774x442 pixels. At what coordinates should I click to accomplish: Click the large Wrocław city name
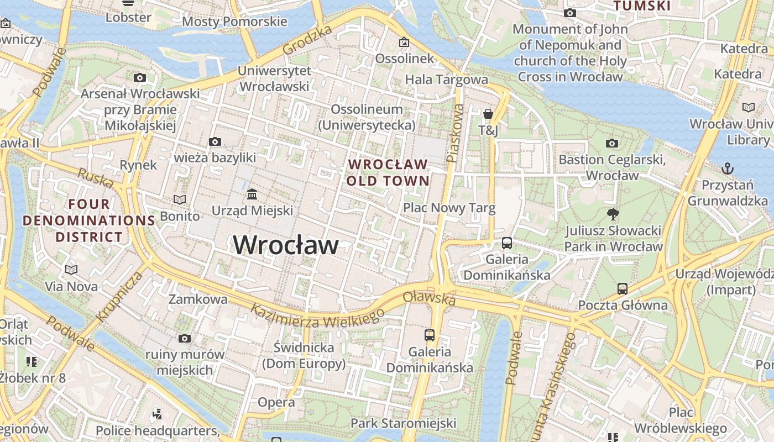point(286,245)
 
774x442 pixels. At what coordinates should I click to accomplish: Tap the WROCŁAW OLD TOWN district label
point(388,172)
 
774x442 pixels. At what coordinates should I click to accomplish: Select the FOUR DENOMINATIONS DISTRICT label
point(88,220)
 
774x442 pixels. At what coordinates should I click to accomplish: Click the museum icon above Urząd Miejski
point(253,194)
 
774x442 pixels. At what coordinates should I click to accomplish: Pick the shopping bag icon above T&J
point(488,114)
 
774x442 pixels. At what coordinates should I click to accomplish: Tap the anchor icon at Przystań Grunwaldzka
point(728,168)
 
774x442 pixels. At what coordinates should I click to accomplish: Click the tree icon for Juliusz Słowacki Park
point(613,214)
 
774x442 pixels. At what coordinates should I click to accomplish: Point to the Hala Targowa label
point(447,80)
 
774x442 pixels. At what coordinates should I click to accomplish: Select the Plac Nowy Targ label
point(449,208)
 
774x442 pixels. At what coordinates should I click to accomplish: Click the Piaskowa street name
point(455,133)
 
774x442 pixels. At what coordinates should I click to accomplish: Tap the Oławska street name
point(429,298)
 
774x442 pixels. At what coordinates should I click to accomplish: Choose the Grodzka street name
point(307,40)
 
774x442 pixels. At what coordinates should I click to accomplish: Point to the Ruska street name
point(96,178)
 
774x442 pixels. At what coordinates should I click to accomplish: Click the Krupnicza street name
point(119,297)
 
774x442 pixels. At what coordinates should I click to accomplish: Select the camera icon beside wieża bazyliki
point(215,142)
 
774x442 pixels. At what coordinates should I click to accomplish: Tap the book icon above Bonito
point(180,199)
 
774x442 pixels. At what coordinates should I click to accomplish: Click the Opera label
point(276,402)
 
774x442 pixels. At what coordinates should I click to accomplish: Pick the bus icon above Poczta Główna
point(623,288)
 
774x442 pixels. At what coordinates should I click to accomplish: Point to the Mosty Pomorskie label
point(234,22)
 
